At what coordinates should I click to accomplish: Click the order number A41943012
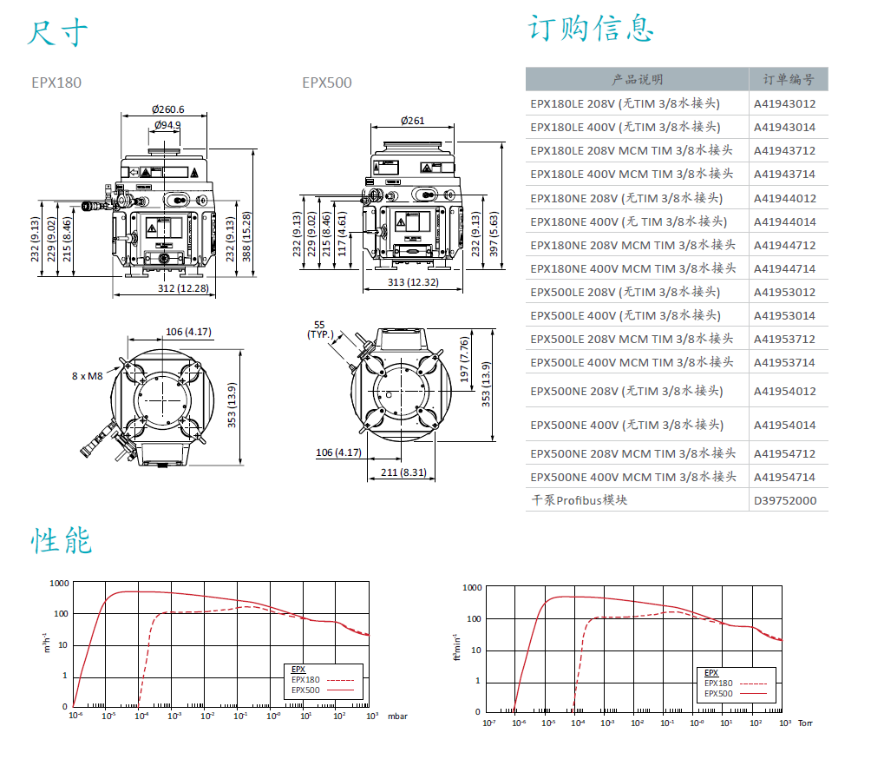tap(784, 103)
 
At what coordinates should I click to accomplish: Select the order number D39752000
tap(784, 500)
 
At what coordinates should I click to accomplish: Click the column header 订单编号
tap(788, 80)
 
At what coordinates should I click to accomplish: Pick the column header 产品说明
tap(637, 80)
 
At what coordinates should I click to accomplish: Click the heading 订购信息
tap(590, 29)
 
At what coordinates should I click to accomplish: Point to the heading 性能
tap(62, 541)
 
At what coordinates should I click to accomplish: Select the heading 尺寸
tap(57, 33)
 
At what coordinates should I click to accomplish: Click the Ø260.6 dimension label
tap(167, 109)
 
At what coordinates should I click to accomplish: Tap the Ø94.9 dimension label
tap(167, 125)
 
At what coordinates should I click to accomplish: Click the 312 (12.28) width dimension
tap(183, 288)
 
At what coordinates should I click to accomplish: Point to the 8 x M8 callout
tap(87, 376)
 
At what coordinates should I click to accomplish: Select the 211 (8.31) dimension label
tap(404, 472)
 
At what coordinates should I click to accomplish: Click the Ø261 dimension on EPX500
tap(413, 120)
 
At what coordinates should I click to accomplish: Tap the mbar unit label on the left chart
tap(396, 716)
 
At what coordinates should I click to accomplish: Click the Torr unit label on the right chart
tap(805, 723)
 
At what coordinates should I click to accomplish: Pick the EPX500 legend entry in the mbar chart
tap(306, 690)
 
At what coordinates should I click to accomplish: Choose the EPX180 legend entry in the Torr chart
tap(719, 683)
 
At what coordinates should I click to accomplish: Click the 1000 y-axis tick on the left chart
tap(59, 584)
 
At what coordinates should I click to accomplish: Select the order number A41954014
tap(784, 425)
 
